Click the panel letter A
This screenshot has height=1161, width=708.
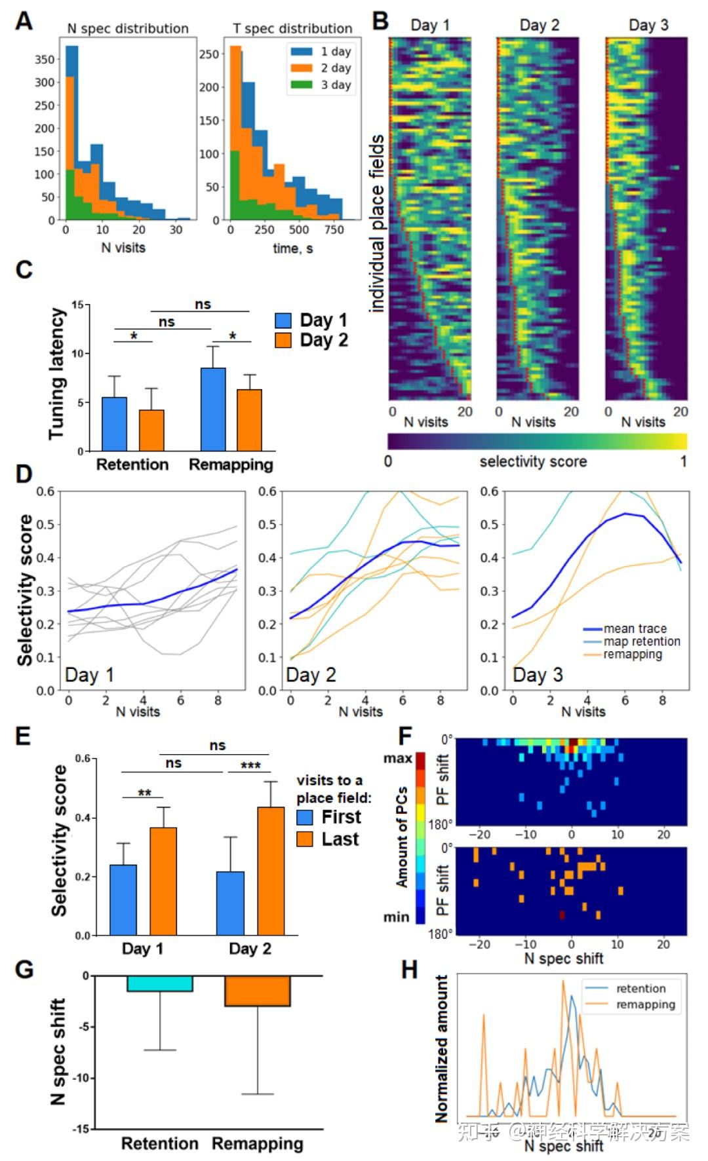coord(24,21)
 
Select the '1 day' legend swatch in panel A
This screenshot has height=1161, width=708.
coord(302,51)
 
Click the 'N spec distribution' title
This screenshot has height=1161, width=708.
coord(128,29)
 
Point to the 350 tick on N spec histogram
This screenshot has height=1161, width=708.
coord(45,59)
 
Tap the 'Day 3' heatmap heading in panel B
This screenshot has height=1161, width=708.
coord(648,25)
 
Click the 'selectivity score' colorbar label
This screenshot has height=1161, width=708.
coord(533,461)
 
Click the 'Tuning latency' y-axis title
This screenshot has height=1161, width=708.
coord(57,373)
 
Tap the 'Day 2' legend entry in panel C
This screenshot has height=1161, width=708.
coord(311,340)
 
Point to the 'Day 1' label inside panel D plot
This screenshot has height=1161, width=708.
coord(89,675)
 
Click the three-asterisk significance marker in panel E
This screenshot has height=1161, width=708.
coord(250,765)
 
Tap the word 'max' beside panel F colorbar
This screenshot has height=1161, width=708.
coord(398,758)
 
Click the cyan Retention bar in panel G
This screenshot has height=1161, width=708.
coord(160,983)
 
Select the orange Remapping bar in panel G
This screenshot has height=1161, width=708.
coord(257,991)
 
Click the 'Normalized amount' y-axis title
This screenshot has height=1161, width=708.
coord(442,1048)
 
